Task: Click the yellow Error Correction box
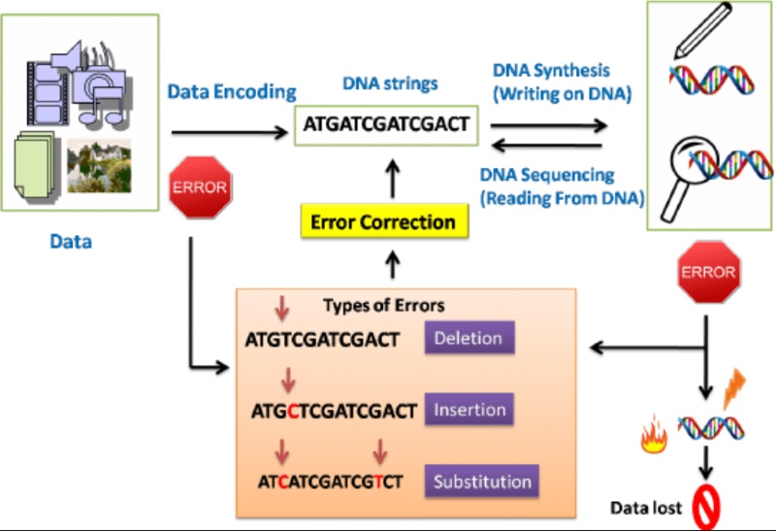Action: [x=384, y=221]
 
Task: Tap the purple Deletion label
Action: [x=469, y=338]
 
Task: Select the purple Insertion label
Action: [x=469, y=410]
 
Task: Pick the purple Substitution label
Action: [x=481, y=481]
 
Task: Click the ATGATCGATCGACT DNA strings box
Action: [x=386, y=125]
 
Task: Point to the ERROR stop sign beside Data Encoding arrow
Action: [x=201, y=187]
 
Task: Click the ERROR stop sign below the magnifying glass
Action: [x=709, y=272]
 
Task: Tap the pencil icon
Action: [x=702, y=31]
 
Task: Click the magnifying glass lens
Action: [x=694, y=159]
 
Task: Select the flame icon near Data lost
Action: [x=654, y=435]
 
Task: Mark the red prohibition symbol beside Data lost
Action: [x=706, y=508]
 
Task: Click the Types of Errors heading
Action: [x=383, y=305]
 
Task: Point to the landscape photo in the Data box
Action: [x=100, y=166]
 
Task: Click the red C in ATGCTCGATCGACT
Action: [x=293, y=412]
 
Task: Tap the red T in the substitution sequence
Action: [x=378, y=481]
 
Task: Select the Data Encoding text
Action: [x=232, y=92]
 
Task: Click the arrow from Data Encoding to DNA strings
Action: [x=230, y=132]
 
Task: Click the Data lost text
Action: [x=646, y=508]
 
